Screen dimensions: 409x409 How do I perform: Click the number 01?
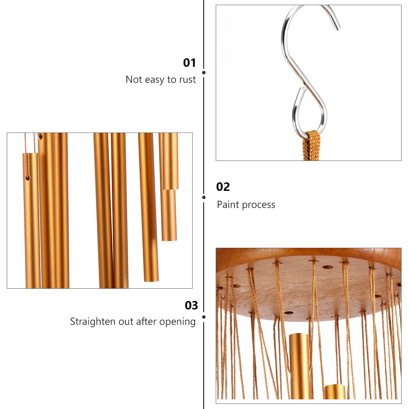[190, 63]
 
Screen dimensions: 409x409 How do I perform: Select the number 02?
[223, 187]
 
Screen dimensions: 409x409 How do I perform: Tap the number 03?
[191, 305]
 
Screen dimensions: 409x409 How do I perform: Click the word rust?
[187, 80]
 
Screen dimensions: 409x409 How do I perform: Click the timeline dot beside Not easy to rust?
[204, 73]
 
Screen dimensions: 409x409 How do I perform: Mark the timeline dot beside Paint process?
[204, 197]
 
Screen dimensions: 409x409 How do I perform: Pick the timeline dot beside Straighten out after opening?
[204, 317]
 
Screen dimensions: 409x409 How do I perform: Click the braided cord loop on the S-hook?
[311, 145]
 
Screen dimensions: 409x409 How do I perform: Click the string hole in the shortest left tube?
[28, 178]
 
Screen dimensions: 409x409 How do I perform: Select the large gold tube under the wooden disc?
[299, 365]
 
